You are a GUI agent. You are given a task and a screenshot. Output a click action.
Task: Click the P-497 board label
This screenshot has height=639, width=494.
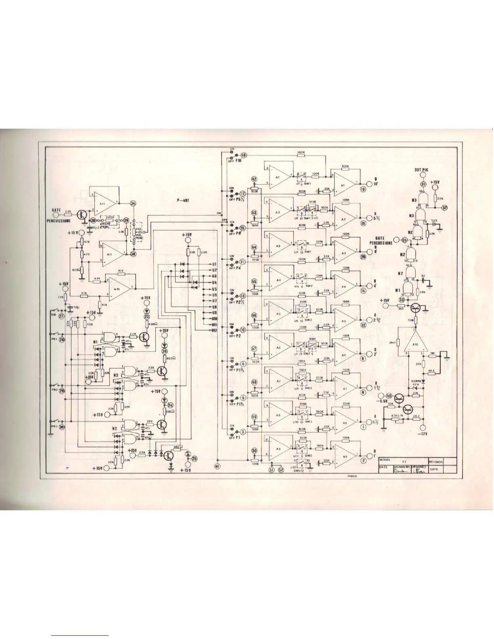[x=183, y=199]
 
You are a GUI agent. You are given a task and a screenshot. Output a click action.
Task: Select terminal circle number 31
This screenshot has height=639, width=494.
[x=423, y=184]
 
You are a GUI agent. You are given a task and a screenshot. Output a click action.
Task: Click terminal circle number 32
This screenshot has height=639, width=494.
[x=444, y=208]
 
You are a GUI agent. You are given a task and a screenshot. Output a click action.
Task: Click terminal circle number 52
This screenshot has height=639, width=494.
[x=281, y=469]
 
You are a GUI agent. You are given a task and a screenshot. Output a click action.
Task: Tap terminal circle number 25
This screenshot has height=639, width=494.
[x=194, y=458]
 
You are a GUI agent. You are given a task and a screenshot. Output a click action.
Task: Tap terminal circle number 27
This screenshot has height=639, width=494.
[x=61, y=316]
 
